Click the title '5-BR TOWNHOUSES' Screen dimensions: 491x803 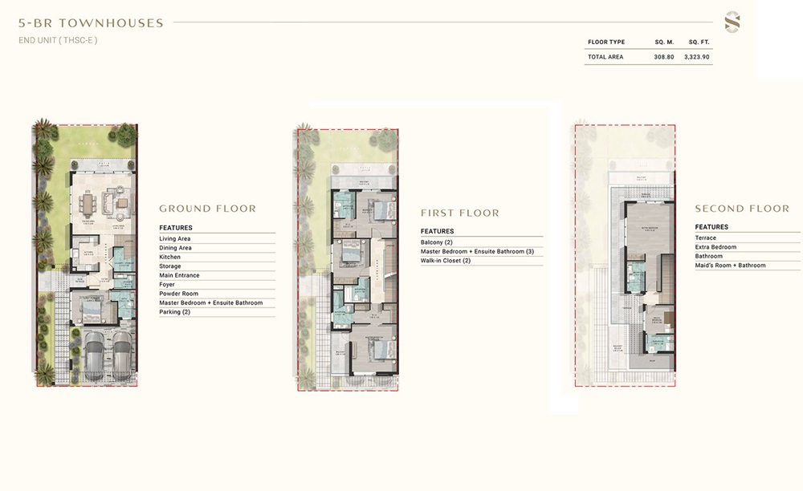(x=91, y=23)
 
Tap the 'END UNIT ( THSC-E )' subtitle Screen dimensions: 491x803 (x=58, y=40)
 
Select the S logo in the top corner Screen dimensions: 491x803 (x=732, y=22)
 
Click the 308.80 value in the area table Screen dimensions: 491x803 (x=663, y=57)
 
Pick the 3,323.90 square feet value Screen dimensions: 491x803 (x=697, y=57)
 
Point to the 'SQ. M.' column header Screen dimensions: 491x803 (x=663, y=42)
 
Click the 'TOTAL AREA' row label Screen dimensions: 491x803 (x=605, y=57)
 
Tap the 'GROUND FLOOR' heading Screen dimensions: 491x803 (x=207, y=209)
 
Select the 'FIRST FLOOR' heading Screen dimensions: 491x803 (x=460, y=213)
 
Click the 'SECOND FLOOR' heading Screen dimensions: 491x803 (x=742, y=209)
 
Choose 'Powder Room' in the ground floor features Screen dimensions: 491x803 (x=178, y=294)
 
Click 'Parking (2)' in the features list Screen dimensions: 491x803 (x=174, y=312)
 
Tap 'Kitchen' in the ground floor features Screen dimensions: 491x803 (x=170, y=257)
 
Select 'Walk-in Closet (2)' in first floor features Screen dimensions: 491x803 (x=446, y=261)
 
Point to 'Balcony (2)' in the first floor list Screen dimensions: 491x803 (x=437, y=242)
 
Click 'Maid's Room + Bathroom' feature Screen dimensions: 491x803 (x=731, y=266)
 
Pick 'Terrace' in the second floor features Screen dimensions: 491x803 (x=706, y=238)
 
